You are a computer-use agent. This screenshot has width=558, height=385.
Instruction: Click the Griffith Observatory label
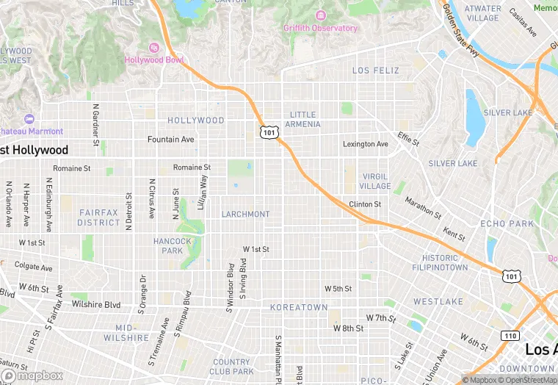click(x=320, y=29)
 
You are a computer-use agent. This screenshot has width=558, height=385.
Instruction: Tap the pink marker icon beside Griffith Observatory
click(x=320, y=15)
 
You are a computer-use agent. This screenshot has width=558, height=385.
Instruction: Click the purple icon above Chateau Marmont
click(x=29, y=119)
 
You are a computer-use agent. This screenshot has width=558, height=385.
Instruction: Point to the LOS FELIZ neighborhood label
click(x=376, y=71)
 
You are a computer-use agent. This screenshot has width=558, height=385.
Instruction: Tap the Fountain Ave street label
click(x=170, y=139)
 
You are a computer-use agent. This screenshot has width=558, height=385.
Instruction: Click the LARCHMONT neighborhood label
click(x=245, y=214)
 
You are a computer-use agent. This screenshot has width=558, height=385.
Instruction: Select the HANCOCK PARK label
click(x=173, y=245)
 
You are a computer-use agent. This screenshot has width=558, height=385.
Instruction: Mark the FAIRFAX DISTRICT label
click(x=98, y=217)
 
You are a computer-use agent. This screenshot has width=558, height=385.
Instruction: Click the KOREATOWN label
click(x=299, y=306)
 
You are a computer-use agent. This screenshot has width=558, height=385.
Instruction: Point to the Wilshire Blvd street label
click(x=95, y=304)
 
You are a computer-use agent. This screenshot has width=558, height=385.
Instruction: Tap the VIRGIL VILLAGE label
click(x=375, y=181)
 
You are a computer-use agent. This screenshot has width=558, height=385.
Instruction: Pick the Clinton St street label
click(x=365, y=204)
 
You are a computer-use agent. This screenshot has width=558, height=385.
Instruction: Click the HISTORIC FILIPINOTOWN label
click(x=445, y=262)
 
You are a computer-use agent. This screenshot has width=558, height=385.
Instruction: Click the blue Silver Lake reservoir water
click(x=475, y=118)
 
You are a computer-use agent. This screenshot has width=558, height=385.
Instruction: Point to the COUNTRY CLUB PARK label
click(x=231, y=366)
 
